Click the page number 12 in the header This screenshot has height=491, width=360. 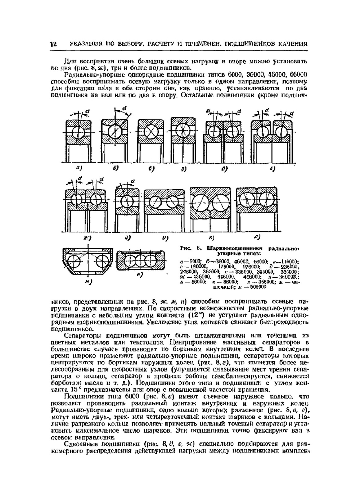pos(54,44)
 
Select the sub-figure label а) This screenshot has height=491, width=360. pos(79,168)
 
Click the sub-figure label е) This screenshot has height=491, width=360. pos(273,168)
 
